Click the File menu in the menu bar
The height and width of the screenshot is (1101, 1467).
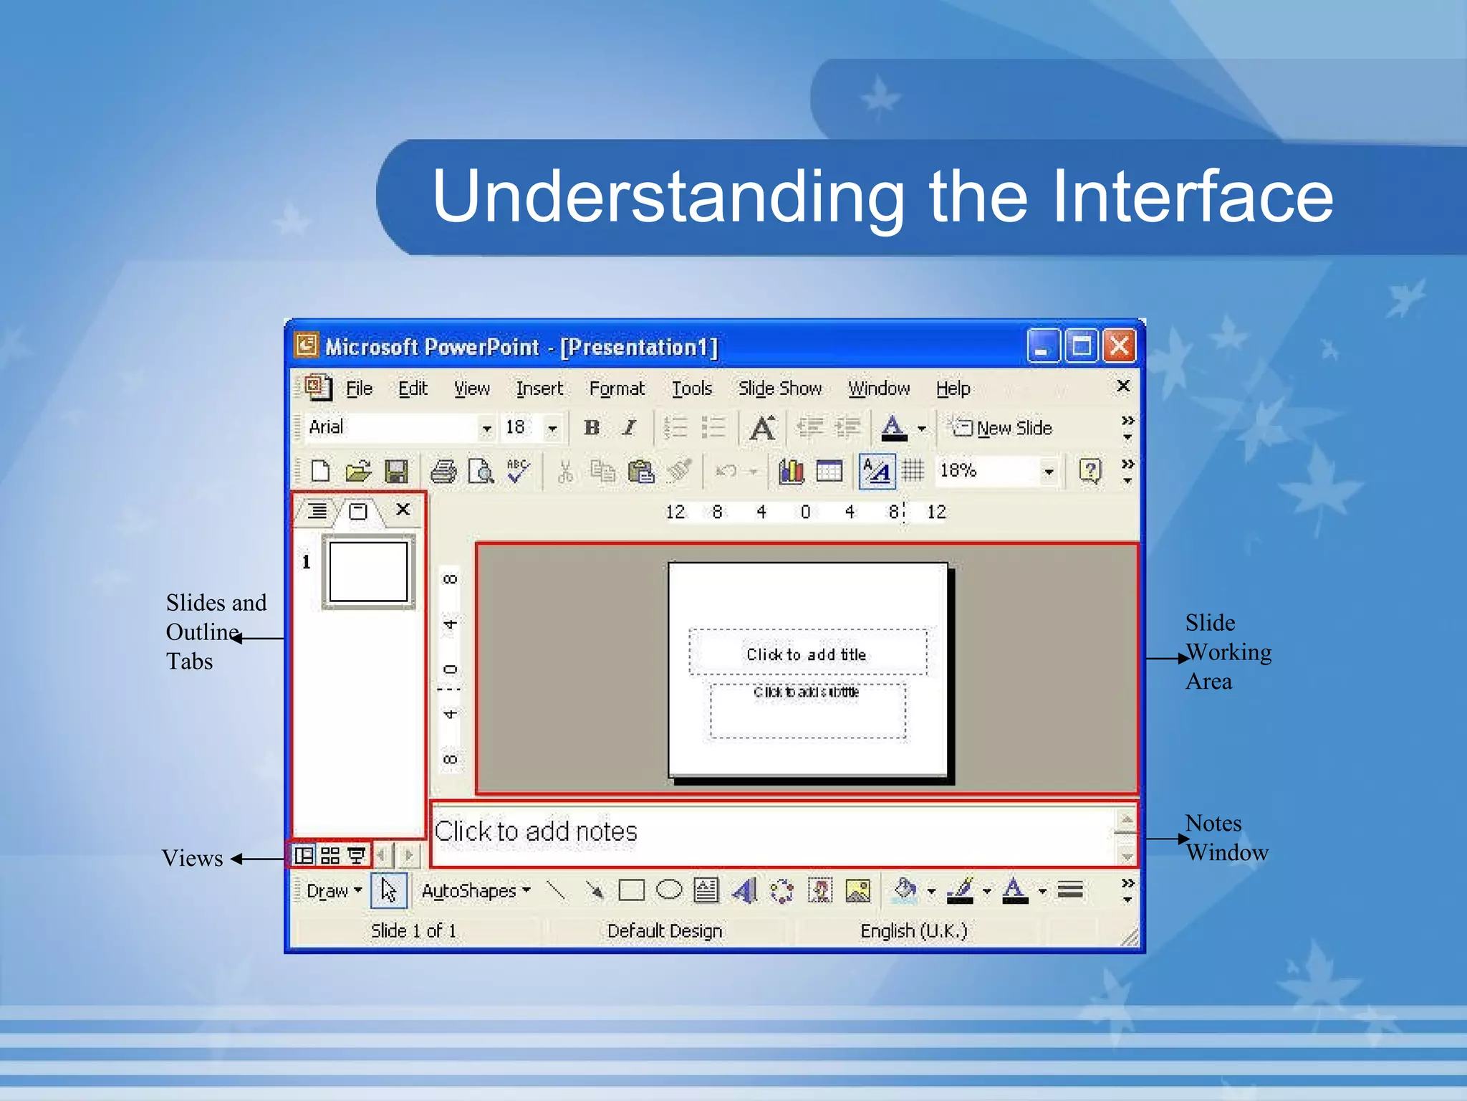(x=359, y=389)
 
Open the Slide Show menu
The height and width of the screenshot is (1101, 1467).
(x=779, y=389)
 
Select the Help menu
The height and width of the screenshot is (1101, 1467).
(x=953, y=389)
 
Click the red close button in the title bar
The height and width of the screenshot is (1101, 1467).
(x=1119, y=347)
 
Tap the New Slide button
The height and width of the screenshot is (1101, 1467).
(x=1003, y=428)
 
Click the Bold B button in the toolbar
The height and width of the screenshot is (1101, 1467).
(x=592, y=428)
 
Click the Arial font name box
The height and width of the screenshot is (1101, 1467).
(x=390, y=428)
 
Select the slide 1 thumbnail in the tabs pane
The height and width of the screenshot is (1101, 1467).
(x=368, y=572)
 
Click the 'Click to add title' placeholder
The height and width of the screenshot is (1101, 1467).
(x=807, y=654)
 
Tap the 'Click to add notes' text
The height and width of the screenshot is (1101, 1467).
(x=536, y=831)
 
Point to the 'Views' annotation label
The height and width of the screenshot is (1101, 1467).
(x=192, y=859)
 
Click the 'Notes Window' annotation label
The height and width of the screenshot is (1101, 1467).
(x=1226, y=838)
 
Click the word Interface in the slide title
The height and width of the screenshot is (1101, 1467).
(x=1191, y=196)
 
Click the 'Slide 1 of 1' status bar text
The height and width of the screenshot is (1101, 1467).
(x=413, y=930)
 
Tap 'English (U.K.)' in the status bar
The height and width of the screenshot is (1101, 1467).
(x=913, y=930)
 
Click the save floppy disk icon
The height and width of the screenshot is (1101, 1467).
(x=396, y=472)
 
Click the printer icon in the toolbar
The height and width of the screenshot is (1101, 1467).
(x=443, y=472)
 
